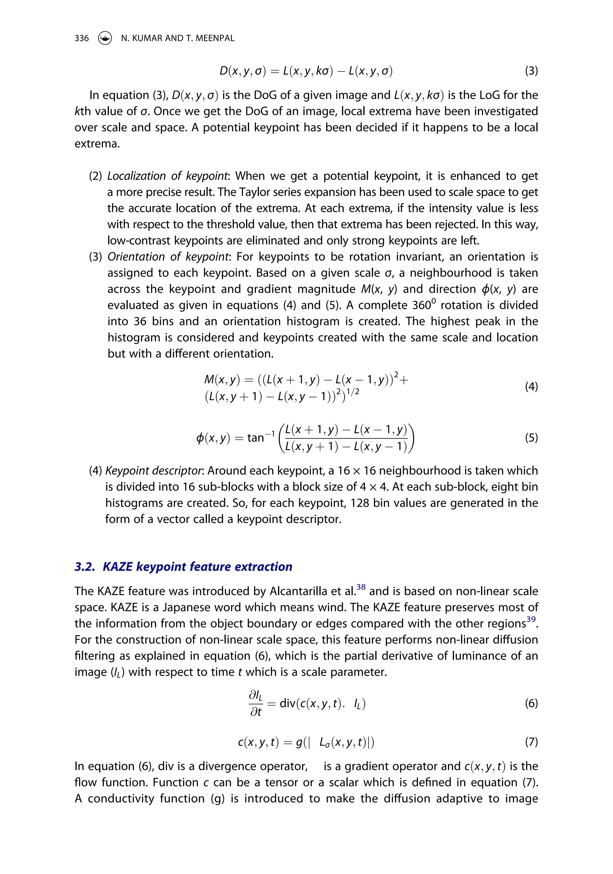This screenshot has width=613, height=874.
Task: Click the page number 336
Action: tap(81, 38)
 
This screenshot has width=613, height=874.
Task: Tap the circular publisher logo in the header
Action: tap(105, 38)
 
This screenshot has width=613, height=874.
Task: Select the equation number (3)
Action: tap(531, 71)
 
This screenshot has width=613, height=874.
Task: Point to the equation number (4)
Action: tap(531, 387)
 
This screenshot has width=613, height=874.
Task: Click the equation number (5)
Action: tap(531, 438)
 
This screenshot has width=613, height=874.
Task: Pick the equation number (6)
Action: tap(531, 703)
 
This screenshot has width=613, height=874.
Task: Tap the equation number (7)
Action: tap(531, 742)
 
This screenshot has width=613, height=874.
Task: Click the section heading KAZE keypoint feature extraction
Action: tap(197, 567)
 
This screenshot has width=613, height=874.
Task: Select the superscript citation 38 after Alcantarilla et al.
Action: tap(361, 587)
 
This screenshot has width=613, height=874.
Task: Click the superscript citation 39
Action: tap(531, 619)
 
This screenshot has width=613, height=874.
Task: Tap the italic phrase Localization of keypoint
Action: tap(168, 176)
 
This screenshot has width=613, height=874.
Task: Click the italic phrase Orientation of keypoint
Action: tap(168, 257)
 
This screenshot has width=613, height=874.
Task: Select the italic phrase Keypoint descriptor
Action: tap(153, 471)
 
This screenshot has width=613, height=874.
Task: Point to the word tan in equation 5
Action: tap(256, 438)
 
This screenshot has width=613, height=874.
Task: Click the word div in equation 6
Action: tap(287, 703)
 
